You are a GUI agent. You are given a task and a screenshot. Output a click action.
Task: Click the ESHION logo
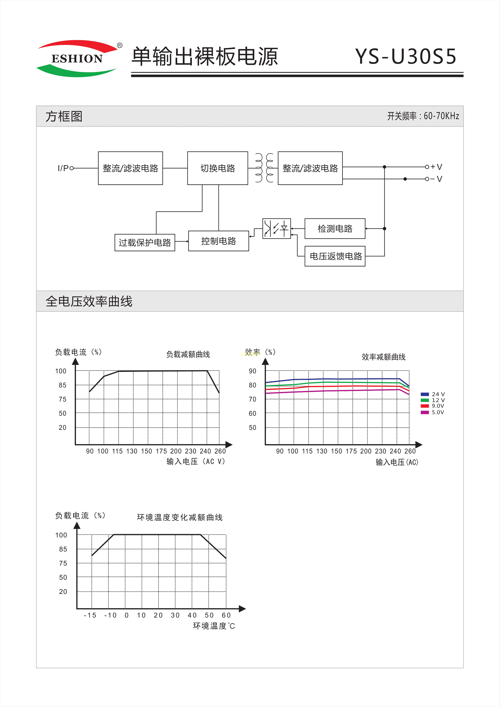[77, 58]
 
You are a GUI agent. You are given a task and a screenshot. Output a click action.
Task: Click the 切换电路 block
[217, 168]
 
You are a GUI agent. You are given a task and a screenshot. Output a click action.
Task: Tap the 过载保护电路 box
[145, 243]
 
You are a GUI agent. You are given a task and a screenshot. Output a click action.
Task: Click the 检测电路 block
[335, 229]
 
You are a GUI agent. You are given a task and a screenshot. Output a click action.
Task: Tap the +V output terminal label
[436, 167]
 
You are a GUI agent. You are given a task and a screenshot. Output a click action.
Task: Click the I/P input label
[63, 168]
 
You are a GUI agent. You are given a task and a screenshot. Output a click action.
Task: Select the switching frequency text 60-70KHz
[441, 116]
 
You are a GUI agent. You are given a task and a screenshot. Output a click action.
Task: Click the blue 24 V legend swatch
[425, 394]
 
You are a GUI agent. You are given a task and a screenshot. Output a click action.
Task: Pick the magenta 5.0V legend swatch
[425, 412]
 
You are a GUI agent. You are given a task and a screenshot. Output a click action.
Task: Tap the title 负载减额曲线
[188, 355]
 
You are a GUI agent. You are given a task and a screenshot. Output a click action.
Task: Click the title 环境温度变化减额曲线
[180, 517]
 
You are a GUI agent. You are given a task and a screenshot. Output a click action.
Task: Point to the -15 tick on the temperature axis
[90, 615]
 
